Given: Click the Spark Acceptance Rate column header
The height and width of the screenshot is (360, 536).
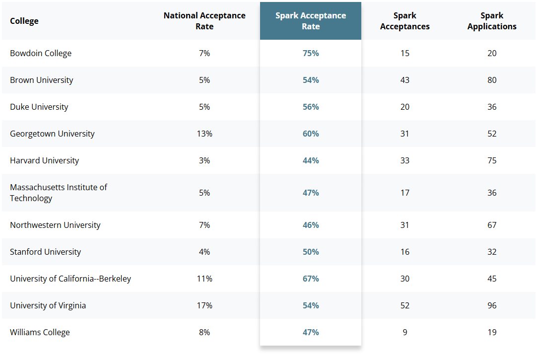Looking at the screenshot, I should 311,21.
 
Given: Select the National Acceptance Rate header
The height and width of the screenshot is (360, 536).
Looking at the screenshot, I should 204,21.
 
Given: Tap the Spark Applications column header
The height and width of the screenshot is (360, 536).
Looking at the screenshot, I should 492,21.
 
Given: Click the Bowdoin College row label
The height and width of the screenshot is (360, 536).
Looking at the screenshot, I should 41,53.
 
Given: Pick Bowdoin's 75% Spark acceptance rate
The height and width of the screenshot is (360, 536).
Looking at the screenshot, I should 311,53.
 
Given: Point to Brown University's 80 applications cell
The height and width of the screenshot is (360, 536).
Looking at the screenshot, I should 492,80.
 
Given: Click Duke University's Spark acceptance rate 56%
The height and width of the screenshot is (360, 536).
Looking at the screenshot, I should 311,107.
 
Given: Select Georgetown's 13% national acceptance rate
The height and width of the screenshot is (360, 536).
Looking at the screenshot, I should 204,134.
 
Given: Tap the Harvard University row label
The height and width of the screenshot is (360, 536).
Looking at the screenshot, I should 44,160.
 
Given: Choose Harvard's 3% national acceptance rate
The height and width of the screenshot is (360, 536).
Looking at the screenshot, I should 204,160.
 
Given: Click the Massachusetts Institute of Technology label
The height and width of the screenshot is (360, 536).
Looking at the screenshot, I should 59,193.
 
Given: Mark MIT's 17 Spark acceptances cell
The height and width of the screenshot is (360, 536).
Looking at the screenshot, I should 405,193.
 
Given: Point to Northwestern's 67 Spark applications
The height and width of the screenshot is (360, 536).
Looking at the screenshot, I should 492,225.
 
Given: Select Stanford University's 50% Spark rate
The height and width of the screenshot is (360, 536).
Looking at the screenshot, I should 311,252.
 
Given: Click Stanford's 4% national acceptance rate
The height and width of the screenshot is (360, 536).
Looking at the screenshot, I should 204,252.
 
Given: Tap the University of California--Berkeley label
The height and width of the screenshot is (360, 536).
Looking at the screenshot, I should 70,279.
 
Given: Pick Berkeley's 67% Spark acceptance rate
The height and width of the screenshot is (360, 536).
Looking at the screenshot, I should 311,279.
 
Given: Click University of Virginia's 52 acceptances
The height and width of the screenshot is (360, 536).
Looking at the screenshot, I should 405,305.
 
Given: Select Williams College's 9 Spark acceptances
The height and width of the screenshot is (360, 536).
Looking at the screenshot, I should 405,332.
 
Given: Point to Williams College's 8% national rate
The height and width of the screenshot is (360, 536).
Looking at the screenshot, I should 204,332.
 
